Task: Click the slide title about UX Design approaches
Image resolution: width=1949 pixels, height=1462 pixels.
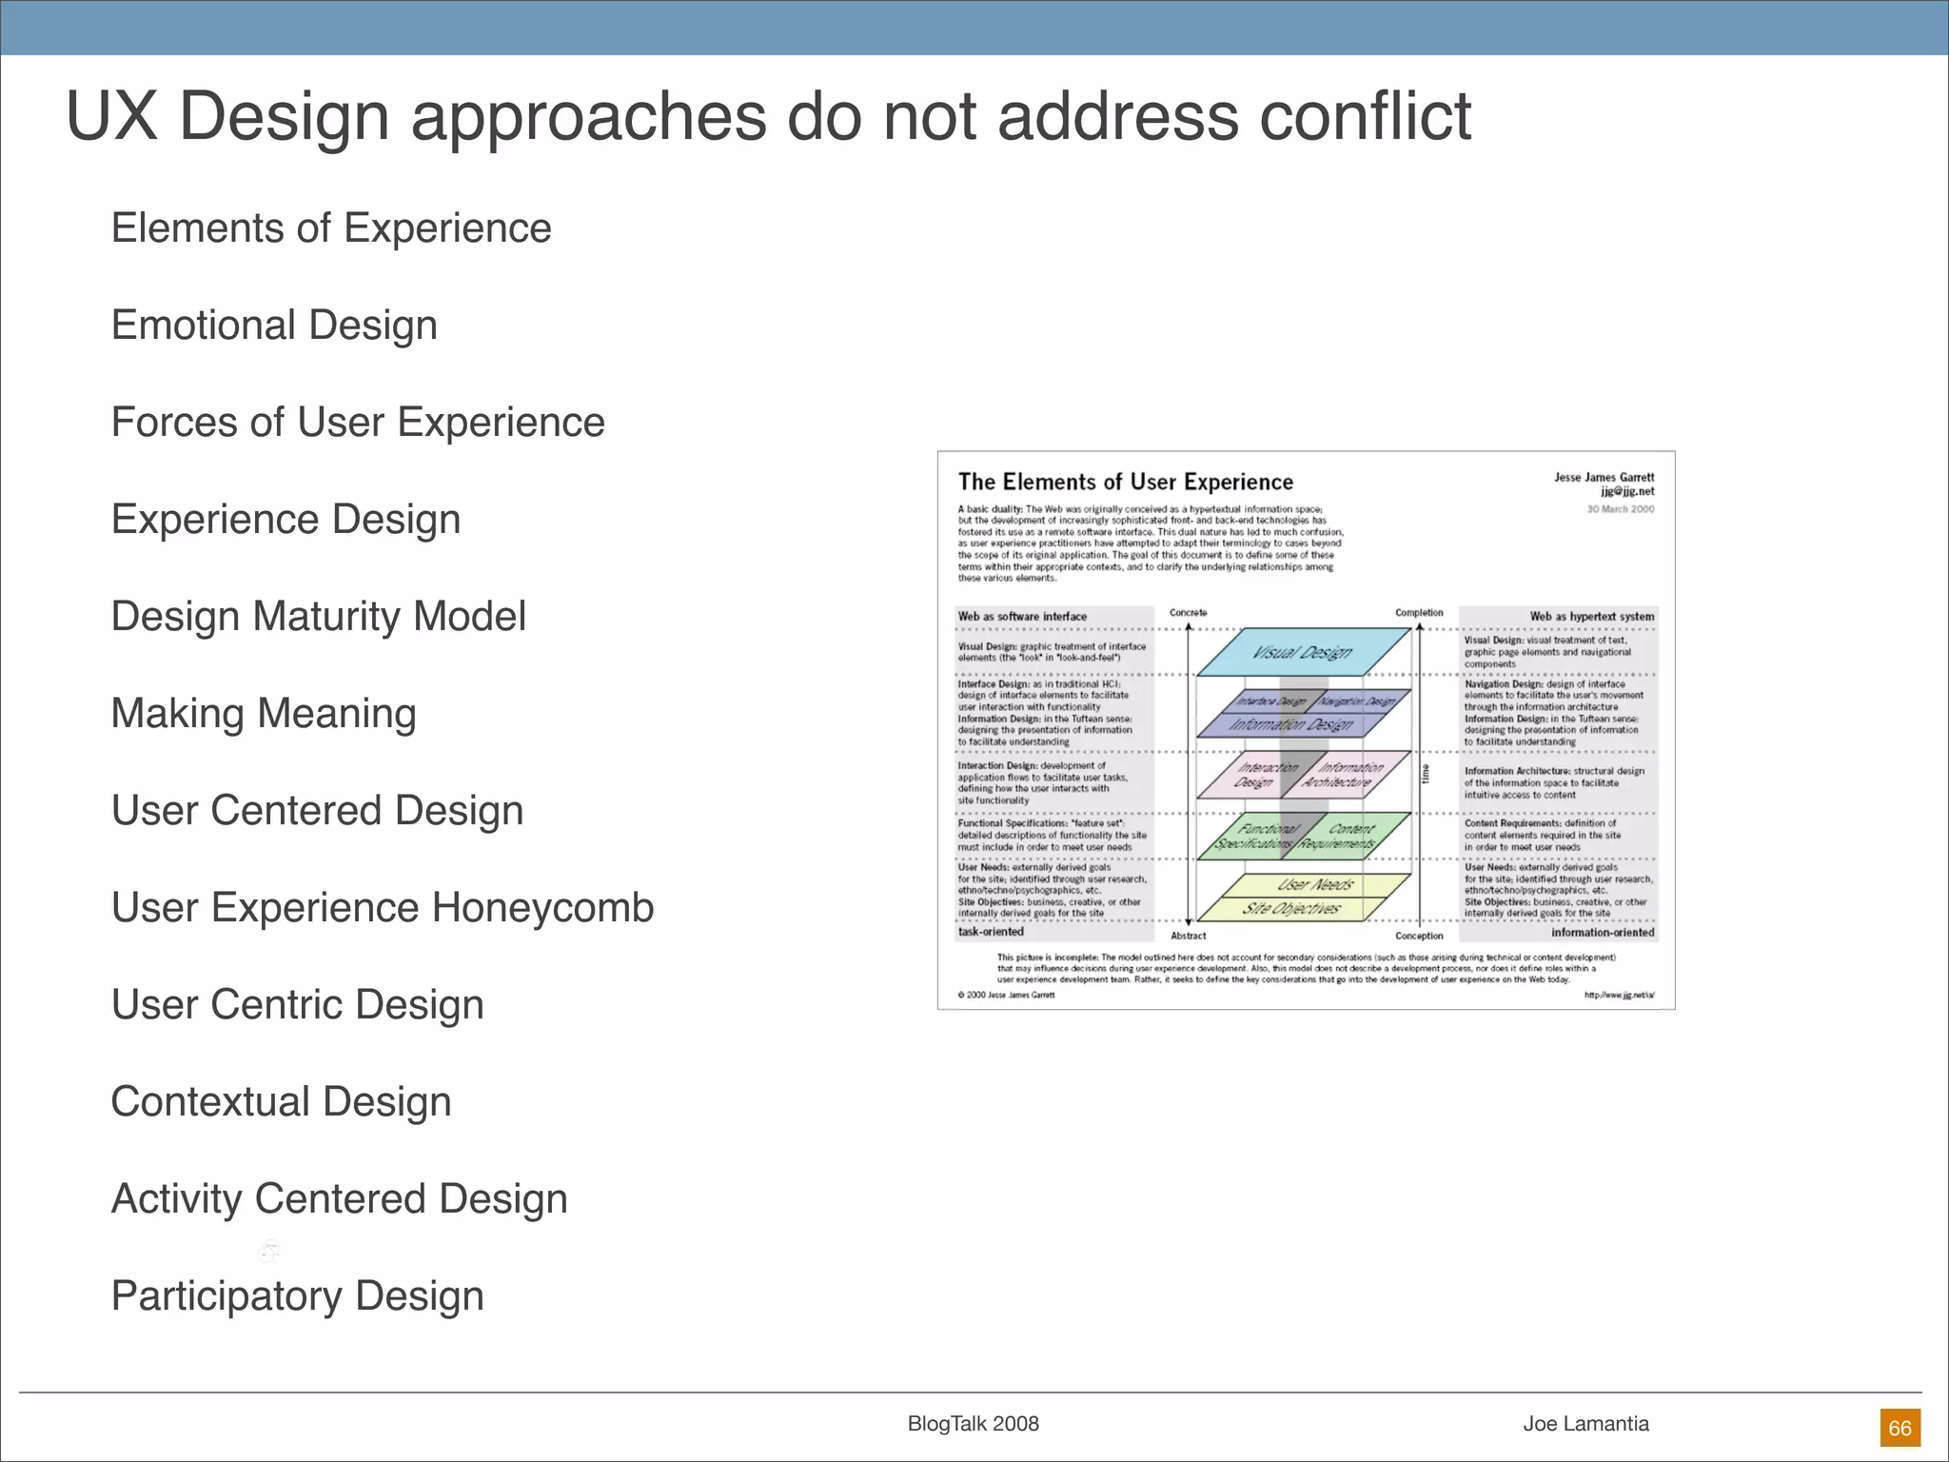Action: coord(768,116)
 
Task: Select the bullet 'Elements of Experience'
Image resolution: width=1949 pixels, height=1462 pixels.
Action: coord(331,228)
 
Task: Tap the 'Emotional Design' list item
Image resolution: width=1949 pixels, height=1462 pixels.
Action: coord(274,326)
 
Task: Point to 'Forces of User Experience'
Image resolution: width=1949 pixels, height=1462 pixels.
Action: coord(358,423)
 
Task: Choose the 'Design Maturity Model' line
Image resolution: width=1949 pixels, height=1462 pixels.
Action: coord(318,617)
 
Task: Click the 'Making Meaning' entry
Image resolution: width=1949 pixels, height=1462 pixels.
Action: coord(264,714)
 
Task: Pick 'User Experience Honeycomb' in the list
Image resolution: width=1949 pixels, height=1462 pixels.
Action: coord(383,908)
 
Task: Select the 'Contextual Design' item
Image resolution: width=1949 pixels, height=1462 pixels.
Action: coord(281,1102)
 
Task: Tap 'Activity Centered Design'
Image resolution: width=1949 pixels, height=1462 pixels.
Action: coord(339,1199)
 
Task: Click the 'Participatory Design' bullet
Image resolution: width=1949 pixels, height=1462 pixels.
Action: coord(297,1296)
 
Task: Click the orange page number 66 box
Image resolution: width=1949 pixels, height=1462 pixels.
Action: coord(1900,1428)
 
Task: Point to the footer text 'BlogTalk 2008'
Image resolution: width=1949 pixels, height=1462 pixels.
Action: coord(973,1424)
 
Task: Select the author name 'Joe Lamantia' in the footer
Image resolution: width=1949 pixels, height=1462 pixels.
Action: coord(1585,1424)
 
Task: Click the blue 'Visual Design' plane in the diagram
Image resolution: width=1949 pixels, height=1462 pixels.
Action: coord(1301,652)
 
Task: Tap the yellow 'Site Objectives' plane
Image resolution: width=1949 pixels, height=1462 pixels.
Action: coord(1290,909)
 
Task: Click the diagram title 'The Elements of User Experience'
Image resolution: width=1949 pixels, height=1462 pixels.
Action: coord(1125,483)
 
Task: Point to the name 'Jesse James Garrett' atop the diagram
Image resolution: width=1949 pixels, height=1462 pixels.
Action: coord(1604,478)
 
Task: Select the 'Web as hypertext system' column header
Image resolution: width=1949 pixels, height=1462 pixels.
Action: coord(1591,617)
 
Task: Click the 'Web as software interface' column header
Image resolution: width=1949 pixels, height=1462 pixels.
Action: coord(1022,617)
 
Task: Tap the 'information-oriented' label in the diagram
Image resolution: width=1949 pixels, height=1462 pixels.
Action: coord(1603,933)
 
